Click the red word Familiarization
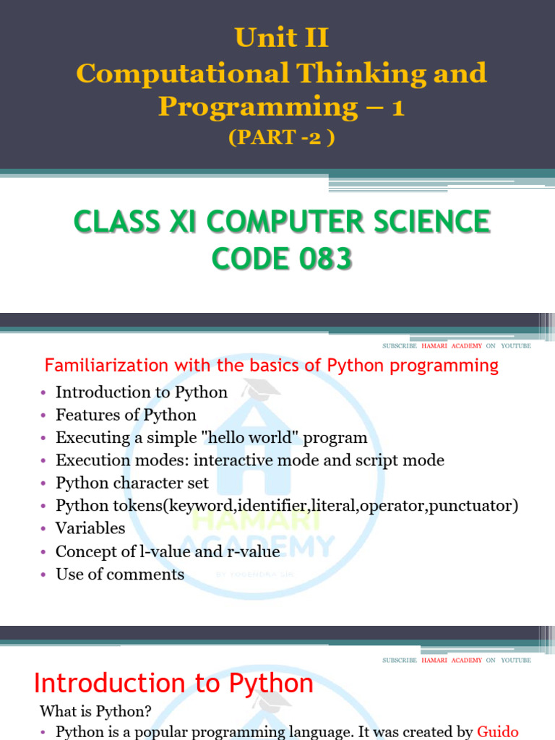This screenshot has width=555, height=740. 104,366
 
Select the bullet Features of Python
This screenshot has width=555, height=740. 126,415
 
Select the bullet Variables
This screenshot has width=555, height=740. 90,528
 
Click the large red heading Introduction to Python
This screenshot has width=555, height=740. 174,683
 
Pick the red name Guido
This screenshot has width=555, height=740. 498,731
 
